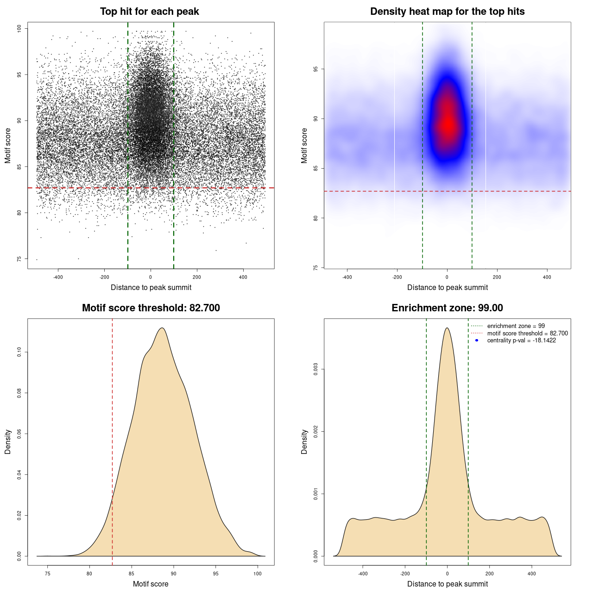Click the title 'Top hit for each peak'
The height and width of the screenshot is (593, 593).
click(x=149, y=12)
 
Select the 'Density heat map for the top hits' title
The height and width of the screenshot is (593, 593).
click(x=447, y=12)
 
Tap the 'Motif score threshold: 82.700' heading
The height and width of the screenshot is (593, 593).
click(x=151, y=308)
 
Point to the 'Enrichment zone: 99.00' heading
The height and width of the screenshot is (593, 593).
click(x=447, y=308)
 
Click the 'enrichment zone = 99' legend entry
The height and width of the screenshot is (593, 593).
click(x=516, y=326)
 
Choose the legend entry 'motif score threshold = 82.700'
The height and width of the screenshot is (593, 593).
click(x=527, y=333)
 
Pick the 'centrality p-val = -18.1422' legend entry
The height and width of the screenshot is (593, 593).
click(x=521, y=341)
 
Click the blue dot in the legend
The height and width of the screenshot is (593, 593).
click(x=477, y=341)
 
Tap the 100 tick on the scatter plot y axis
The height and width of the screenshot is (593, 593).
click(x=19, y=29)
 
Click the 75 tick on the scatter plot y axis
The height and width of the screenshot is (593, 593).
click(x=19, y=259)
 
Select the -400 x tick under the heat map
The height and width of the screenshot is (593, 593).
click(x=347, y=277)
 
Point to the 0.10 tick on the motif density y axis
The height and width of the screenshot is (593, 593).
click(x=19, y=353)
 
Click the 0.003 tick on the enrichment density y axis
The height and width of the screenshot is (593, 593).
click(x=316, y=370)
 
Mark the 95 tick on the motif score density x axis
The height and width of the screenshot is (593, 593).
click(x=216, y=574)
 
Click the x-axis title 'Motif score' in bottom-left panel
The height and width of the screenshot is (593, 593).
click(x=151, y=584)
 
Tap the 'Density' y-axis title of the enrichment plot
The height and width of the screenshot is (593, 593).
click(x=304, y=442)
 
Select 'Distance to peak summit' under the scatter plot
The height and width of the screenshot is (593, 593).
click(x=151, y=287)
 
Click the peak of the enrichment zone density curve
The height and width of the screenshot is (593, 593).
click(x=447, y=328)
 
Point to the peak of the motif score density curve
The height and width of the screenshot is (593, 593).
click(x=162, y=328)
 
